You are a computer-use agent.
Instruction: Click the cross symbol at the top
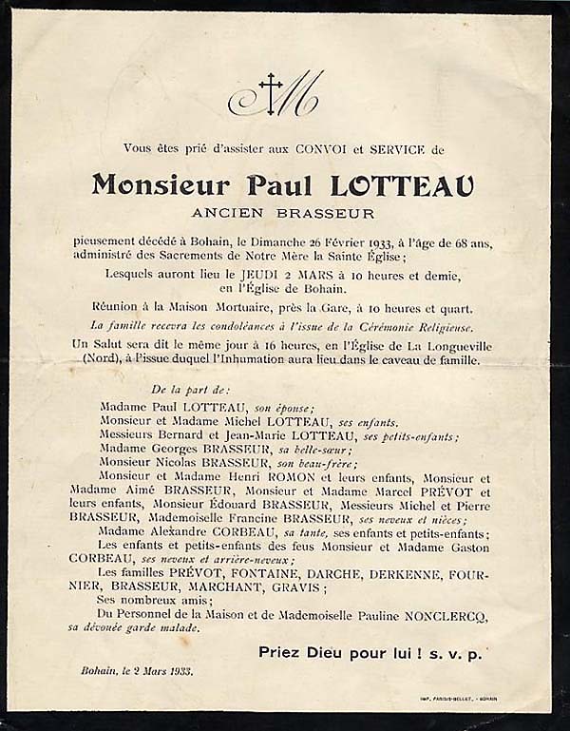(x=271, y=94)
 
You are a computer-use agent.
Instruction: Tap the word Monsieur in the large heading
(x=161, y=185)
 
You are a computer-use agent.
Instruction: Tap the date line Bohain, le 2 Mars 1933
(x=137, y=671)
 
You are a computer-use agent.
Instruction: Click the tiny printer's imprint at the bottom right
(x=459, y=700)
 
